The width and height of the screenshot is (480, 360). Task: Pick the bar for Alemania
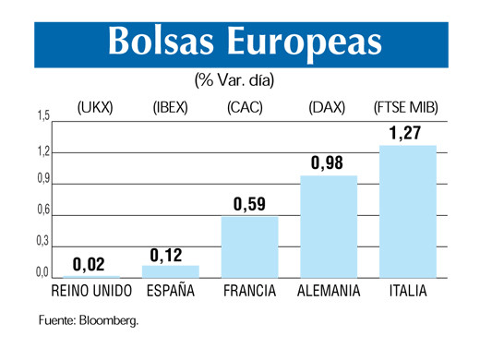(329, 226)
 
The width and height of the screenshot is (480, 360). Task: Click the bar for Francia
(249, 246)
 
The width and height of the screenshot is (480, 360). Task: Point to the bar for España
(170, 271)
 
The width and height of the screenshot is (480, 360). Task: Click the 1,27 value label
(405, 134)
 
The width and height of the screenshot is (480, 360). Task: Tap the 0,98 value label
(327, 163)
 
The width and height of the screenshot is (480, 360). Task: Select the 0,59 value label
(249, 204)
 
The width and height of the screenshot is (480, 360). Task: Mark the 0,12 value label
(168, 254)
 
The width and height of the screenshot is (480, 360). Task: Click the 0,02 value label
(90, 265)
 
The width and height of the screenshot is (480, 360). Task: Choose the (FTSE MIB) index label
(406, 108)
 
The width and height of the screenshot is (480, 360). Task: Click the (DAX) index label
(328, 108)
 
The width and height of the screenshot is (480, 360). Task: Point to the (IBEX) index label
(170, 108)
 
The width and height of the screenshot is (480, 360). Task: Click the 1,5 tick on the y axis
(42, 116)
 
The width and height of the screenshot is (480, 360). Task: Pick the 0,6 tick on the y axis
(42, 210)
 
